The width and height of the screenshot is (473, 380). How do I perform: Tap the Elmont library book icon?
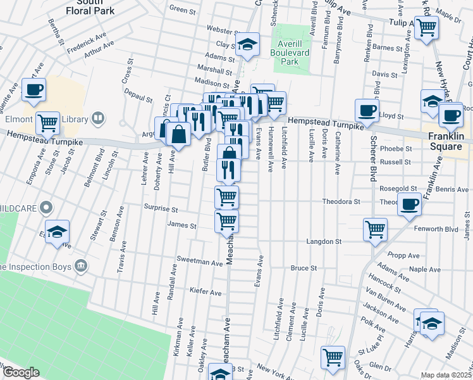tap(98, 117)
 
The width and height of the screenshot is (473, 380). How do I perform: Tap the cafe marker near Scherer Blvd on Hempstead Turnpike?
tap(367, 111)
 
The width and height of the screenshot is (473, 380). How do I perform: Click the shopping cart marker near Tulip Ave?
tap(427, 27)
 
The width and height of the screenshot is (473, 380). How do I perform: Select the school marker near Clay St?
tap(248, 44)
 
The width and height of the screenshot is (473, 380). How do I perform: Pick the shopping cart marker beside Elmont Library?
tap(47, 122)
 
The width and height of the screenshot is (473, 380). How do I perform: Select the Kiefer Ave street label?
tap(206, 293)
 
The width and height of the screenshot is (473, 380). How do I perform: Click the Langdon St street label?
tap(324, 241)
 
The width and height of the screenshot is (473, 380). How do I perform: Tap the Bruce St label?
tap(304, 269)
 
